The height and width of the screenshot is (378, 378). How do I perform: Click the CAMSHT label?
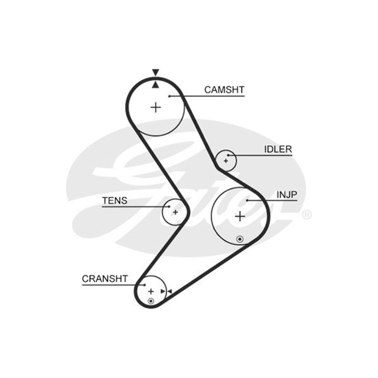pos(224,90)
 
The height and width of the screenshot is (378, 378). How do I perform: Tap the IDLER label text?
pos(278,149)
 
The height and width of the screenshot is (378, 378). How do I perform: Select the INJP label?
pos(286,194)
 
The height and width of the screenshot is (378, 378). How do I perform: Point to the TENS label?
pos(114,201)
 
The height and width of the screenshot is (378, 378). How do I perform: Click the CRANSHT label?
pos(105,279)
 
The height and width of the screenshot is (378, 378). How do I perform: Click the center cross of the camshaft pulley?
pos(156,107)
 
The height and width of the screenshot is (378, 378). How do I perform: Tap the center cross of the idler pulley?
pos(226,160)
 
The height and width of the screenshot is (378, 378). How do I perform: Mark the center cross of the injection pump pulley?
pos(240,217)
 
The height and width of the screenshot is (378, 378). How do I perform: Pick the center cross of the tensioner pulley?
pos(175,212)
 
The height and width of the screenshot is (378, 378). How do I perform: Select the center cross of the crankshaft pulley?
pos(151,291)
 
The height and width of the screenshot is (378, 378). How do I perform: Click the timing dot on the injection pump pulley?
pos(239,239)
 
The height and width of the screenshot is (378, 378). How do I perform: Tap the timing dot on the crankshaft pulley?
pos(151,301)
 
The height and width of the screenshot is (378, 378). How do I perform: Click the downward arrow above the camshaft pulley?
pos(155,72)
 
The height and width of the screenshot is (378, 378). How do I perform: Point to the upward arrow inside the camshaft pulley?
pos(155,84)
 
